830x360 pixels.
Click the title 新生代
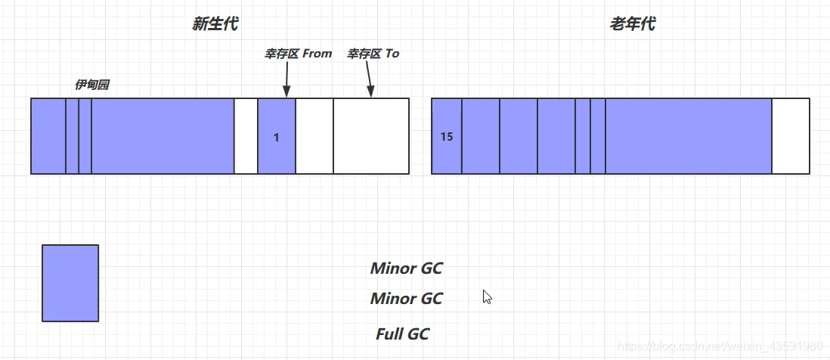click(x=215, y=24)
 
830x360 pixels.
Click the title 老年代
click(x=632, y=24)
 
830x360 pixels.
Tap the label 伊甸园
click(x=91, y=85)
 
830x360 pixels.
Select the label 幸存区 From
click(x=298, y=54)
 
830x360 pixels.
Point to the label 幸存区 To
click(x=373, y=54)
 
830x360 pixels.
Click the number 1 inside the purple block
click(x=276, y=137)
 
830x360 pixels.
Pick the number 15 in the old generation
click(x=446, y=137)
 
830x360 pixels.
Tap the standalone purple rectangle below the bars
click(x=70, y=283)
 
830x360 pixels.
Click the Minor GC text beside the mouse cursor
click(x=406, y=299)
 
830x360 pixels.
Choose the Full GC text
click(x=402, y=334)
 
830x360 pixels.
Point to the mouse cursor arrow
click(x=487, y=296)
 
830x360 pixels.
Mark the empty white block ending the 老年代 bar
click(x=790, y=136)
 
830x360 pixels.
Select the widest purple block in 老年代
click(x=688, y=136)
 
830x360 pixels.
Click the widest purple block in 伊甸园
click(x=163, y=136)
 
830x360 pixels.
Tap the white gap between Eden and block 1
click(x=246, y=136)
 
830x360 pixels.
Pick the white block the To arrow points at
click(x=370, y=136)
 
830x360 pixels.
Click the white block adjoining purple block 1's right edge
click(x=314, y=136)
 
